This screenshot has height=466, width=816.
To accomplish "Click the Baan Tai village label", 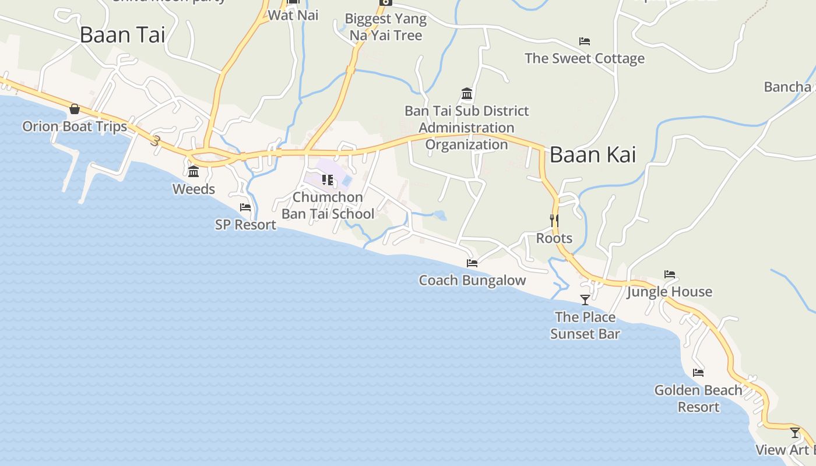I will (122, 35).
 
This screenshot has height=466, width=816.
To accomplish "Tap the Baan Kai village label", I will (593, 155).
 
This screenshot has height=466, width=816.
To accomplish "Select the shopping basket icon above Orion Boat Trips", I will (75, 109).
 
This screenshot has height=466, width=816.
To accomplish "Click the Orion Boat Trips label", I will (75, 126).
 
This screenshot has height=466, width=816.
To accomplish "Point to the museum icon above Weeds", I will (194, 172).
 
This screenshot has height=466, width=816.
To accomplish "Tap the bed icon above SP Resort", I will (245, 207).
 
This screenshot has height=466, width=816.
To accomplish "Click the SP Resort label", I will (245, 224).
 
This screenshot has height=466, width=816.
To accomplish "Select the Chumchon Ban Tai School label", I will (328, 206).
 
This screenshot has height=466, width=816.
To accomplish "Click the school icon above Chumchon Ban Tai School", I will (328, 180).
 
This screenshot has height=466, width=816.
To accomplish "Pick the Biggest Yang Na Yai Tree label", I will (386, 27).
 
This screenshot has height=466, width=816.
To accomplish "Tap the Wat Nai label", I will (293, 15).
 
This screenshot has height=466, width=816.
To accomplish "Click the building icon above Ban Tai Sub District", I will (466, 94).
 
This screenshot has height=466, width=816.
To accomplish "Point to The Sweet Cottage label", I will (585, 58).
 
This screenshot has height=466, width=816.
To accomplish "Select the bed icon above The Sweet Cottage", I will (585, 41).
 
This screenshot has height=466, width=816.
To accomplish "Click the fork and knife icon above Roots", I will (554, 220).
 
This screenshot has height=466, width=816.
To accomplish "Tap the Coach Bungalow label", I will (472, 280).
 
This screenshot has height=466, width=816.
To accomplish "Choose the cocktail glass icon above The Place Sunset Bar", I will (585, 299).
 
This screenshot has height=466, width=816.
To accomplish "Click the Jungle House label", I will (669, 291).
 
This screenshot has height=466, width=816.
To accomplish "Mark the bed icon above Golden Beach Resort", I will (698, 373).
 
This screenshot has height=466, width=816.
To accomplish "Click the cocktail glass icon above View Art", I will (795, 433).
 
